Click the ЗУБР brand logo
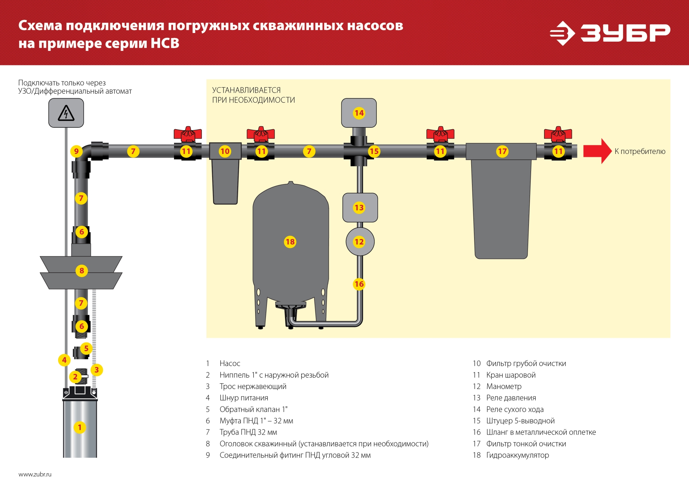click(x=610, y=33)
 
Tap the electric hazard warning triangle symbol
click(x=66, y=113)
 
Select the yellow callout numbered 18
click(x=290, y=242)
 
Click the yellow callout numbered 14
click(x=359, y=113)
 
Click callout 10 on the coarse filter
click(x=225, y=151)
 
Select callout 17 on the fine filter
click(x=502, y=151)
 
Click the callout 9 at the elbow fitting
click(x=76, y=151)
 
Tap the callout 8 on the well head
click(x=82, y=271)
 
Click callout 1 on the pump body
click(x=80, y=427)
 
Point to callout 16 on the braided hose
click(x=359, y=284)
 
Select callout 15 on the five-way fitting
click(x=374, y=151)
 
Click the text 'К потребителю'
click(x=640, y=151)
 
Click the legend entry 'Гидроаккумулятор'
click(x=517, y=455)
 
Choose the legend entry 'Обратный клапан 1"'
click(x=253, y=409)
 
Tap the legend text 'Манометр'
click(x=504, y=386)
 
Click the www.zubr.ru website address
click(x=35, y=474)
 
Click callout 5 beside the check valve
click(x=86, y=348)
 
